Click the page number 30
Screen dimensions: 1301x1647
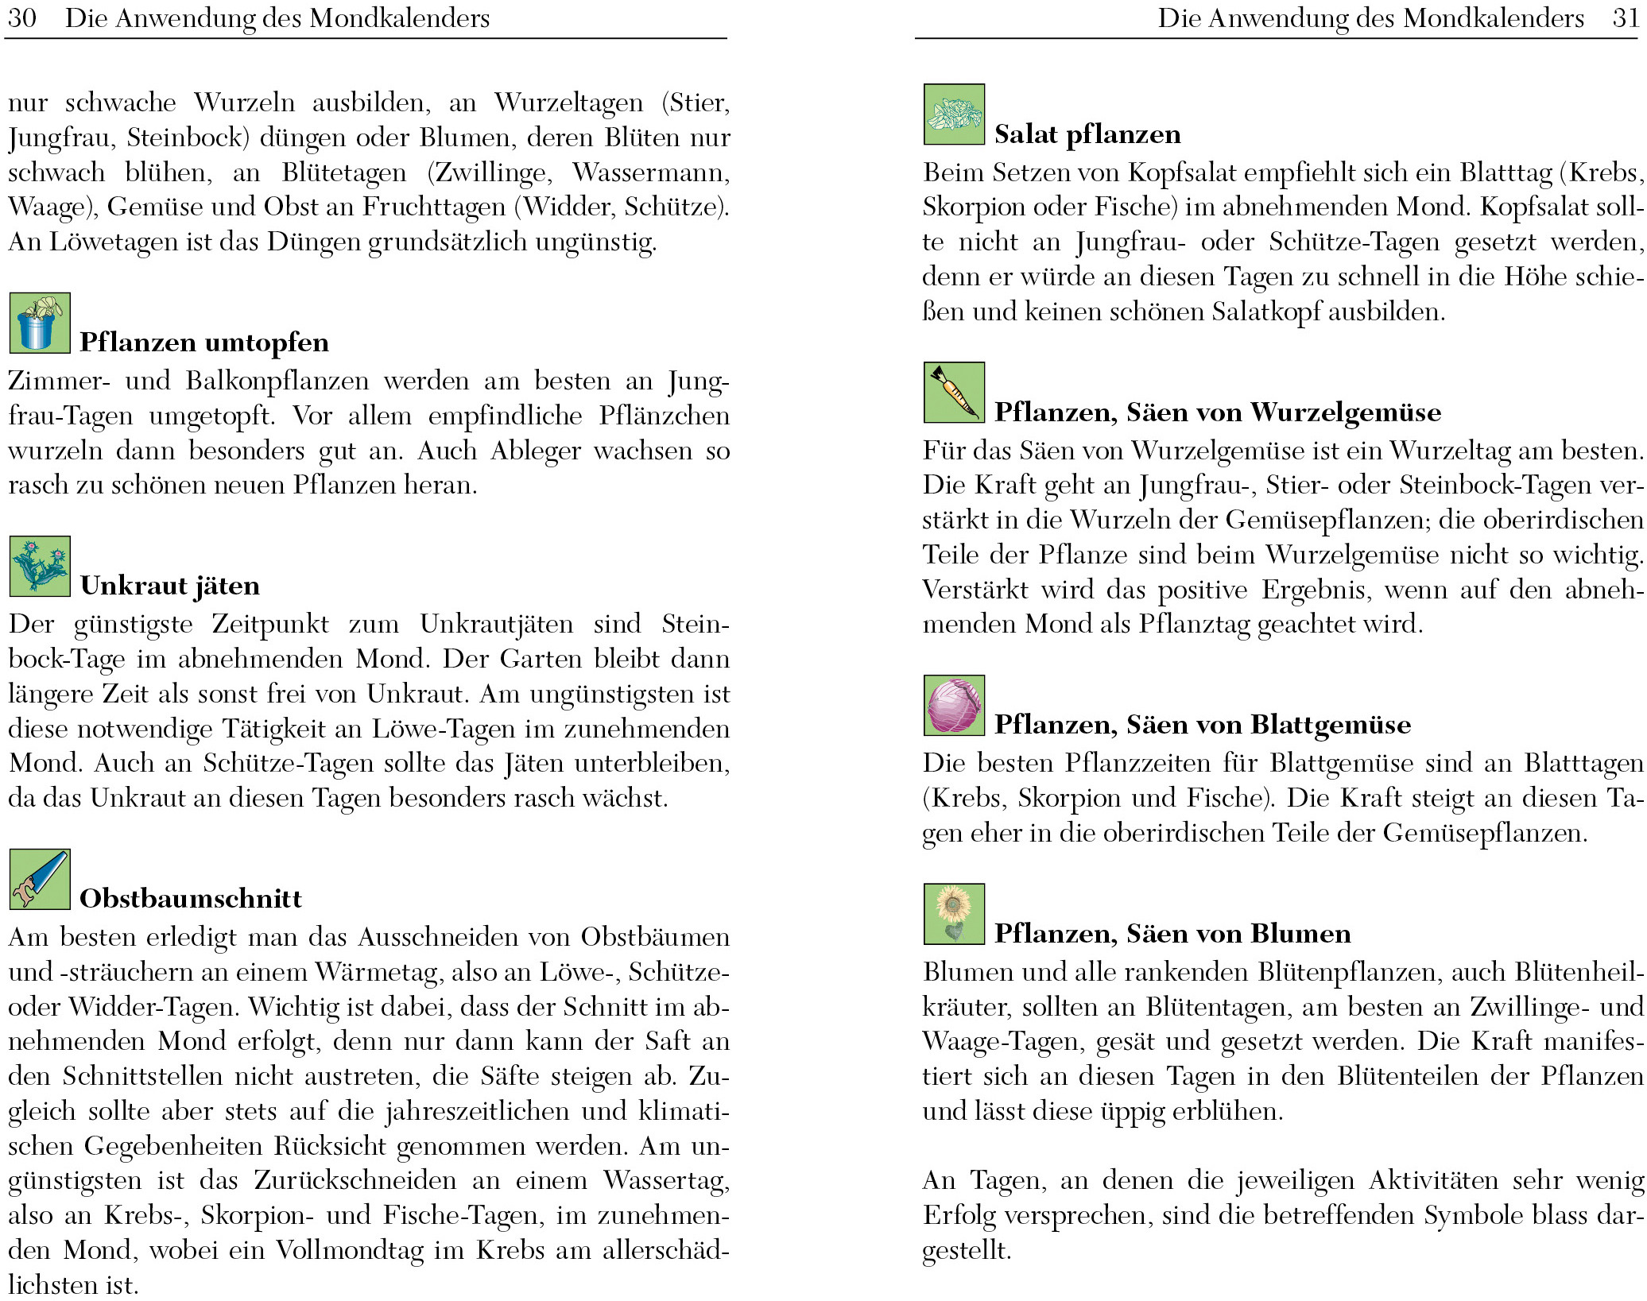tap(21, 17)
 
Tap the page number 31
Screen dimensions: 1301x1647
tap(1626, 17)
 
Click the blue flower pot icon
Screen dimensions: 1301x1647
tap(40, 323)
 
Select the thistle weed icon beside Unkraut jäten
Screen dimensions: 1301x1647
tap(40, 566)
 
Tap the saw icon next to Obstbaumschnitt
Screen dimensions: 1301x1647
tap(40, 879)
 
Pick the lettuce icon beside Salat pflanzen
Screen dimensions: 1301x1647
tap(954, 114)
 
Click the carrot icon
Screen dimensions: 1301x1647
tap(954, 393)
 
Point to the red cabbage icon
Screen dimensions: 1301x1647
tap(954, 705)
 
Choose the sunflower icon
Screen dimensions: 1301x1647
tap(954, 914)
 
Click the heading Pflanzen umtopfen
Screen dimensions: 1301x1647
tap(204, 343)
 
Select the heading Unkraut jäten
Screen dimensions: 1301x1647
tap(170, 586)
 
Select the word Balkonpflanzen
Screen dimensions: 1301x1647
tap(277, 381)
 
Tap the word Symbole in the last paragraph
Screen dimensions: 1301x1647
tap(1470, 1215)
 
